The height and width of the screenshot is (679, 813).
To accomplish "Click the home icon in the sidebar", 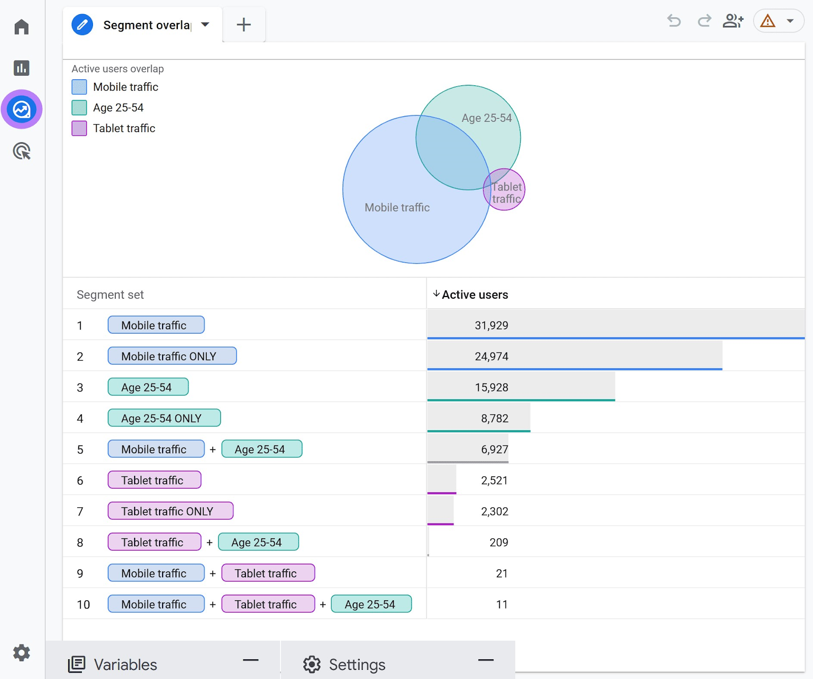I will [x=21, y=26].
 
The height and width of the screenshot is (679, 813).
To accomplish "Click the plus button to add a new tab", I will [x=244, y=24].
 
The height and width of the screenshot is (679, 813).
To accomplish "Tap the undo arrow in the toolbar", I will [x=674, y=21].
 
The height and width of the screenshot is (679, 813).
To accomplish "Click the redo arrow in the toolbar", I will [x=704, y=21].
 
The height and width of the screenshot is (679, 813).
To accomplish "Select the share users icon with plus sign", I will [x=733, y=21].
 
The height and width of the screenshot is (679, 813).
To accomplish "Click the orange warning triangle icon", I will [x=767, y=21].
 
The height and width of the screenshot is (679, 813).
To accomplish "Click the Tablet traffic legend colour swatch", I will [x=79, y=128].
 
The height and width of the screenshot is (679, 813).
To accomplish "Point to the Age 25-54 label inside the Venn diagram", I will [x=486, y=118].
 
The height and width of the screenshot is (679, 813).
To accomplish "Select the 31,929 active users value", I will [x=491, y=326].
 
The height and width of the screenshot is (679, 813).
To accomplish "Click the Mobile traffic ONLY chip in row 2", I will [x=172, y=356].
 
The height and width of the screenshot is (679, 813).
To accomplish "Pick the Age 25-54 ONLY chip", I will [x=164, y=418].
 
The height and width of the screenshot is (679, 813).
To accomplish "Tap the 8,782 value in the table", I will [x=494, y=418].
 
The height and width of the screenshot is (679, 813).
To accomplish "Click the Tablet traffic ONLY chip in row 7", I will [x=170, y=511].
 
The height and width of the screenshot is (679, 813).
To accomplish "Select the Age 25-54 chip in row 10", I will [x=371, y=604].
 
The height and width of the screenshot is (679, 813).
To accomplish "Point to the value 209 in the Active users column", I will [x=498, y=542].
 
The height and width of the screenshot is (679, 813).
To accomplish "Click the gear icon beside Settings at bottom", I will [x=312, y=664].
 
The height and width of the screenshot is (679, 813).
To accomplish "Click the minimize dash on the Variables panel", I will [x=251, y=660].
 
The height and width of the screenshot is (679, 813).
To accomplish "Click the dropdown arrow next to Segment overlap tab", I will [x=205, y=24].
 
